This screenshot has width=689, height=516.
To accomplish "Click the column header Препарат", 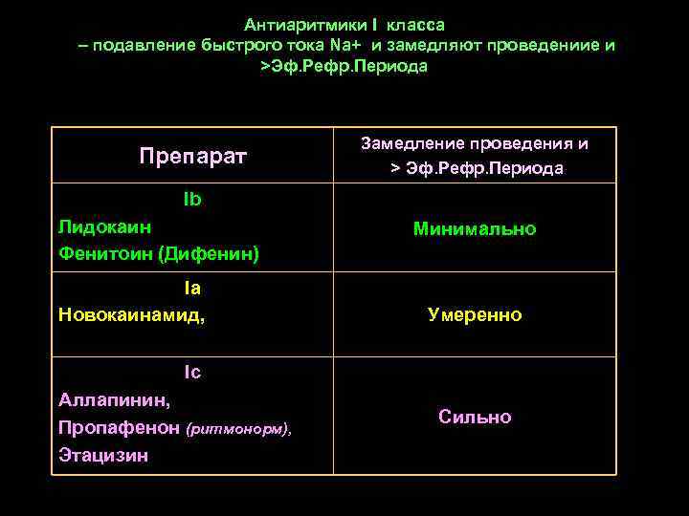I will [x=192, y=155].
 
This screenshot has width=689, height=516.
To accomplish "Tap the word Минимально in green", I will [x=475, y=229].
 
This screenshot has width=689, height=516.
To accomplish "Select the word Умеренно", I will [x=475, y=314].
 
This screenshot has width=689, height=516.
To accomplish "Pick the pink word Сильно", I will [x=475, y=417].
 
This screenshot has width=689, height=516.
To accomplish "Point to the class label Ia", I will [x=192, y=287].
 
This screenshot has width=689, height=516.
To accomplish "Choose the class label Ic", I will [x=192, y=372].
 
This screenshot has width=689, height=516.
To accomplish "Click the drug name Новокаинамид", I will [x=131, y=313].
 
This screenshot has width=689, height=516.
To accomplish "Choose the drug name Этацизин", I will [x=103, y=456].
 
